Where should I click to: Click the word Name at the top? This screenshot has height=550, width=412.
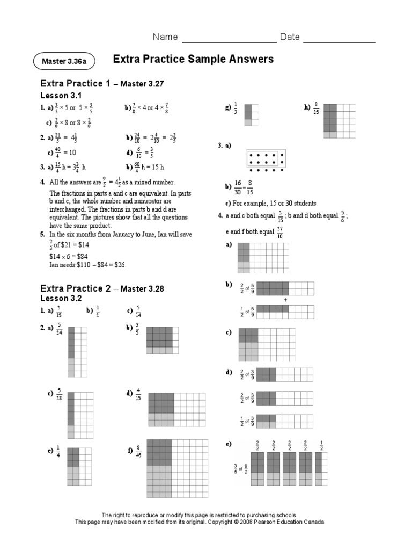pos(165,37)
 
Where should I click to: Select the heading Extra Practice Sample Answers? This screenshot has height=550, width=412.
pos(193,59)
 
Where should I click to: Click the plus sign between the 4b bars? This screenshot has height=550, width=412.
pos(285,299)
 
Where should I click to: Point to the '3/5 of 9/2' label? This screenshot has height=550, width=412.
pos(239,468)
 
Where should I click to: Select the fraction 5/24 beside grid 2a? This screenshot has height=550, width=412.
pos(60,329)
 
